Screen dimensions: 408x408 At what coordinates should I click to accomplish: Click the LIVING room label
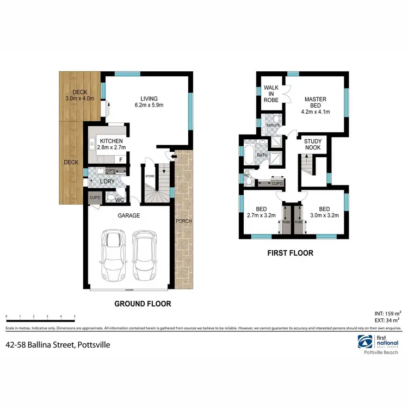point(149,102)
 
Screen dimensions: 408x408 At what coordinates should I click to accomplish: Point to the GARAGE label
point(130,215)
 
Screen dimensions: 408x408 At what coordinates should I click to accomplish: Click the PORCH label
point(181,221)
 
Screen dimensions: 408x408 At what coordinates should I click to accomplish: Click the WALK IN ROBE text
point(271,94)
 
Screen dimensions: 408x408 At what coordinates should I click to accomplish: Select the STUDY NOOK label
point(312,144)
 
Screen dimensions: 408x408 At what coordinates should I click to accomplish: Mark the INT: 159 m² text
point(387,314)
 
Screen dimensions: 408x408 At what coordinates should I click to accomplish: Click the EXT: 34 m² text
point(388,321)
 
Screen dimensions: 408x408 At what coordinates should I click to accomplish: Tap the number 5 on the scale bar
point(75,316)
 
